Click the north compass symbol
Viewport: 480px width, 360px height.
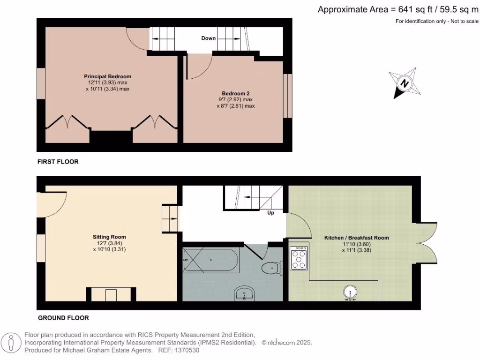pyautogui.click(x=404, y=83)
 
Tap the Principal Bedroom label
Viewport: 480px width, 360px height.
pyautogui.click(x=107, y=76)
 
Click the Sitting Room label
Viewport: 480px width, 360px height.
pyautogui.click(x=109, y=237)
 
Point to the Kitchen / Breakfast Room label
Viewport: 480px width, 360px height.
pyautogui.click(x=356, y=238)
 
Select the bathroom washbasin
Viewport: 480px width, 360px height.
pyautogui.click(x=244, y=294)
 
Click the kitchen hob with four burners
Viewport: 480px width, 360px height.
pyautogui.click(x=299, y=257)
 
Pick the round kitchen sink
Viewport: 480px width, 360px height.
pyautogui.click(x=350, y=292)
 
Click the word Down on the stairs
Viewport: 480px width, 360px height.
pyautogui.click(x=208, y=38)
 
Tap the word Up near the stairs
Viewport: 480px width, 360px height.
pyautogui.click(x=270, y=213)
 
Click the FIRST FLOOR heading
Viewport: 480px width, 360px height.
pyautogui.click(x=58, y=162)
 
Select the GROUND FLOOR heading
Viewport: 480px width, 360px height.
pyautogui.click(x=63, y=318)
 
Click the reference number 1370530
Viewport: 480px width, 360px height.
pyautogui.click(x=187, y=350)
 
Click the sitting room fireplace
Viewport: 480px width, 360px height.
pyautogui.click(x=111, y=294)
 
